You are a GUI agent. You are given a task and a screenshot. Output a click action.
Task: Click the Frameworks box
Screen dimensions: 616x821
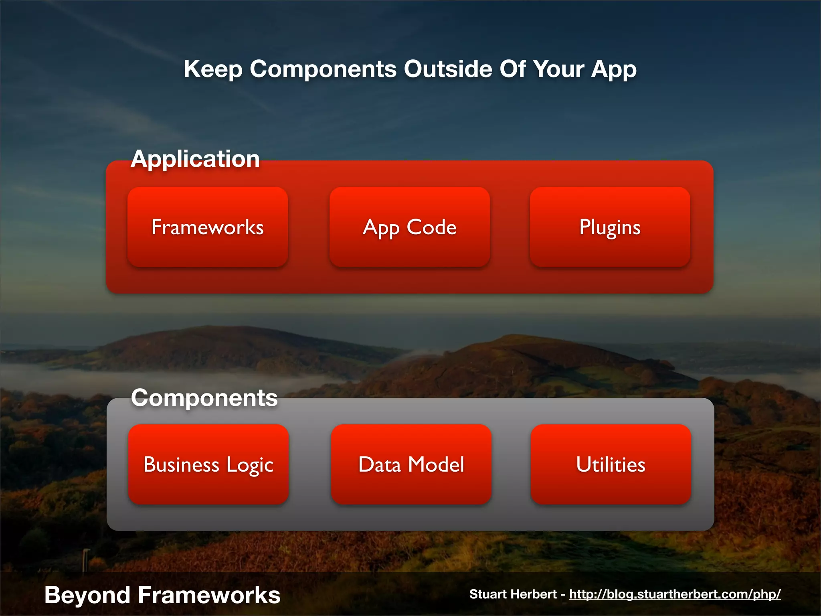[x=208, y=227]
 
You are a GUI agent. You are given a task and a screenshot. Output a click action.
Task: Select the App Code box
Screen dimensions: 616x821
[x=409, y=227]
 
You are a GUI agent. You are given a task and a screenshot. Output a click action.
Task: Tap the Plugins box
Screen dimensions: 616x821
[x=610, y=227]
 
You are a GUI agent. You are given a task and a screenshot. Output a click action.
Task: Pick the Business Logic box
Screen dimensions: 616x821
[x=208, y=464]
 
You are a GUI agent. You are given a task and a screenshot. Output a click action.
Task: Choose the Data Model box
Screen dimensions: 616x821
[x=411, y=464]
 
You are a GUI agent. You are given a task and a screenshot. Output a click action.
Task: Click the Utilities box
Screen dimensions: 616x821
[x=611, y=464]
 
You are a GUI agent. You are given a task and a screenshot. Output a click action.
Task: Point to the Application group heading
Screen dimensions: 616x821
[x=195, y=159]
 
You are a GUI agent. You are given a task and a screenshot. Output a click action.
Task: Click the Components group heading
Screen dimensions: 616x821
[x=204, y=398]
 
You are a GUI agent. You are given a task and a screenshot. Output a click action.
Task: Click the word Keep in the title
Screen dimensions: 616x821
[x=213, y=69]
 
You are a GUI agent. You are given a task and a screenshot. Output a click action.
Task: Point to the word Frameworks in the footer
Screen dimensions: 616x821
[x=209, y=595]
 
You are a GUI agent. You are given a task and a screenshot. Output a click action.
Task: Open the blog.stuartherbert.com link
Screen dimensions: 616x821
[x=675, y=594]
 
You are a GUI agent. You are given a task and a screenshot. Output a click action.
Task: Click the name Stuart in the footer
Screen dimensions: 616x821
[x=488, y=594]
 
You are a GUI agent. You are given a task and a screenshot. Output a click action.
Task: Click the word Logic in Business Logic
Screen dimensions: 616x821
[x=249, y=465]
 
